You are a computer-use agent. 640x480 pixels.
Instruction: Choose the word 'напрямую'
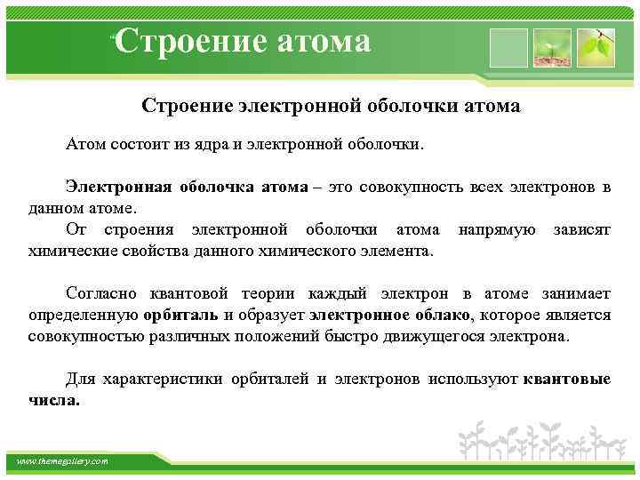pos(497,229)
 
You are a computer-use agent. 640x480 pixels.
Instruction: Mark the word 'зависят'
pos(581,229)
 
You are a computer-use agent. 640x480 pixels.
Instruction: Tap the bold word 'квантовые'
pos(567,380)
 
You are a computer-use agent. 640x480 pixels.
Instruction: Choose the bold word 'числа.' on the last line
pos(54,400)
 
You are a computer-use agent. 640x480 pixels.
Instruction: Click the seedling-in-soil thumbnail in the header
pos(551,47)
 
